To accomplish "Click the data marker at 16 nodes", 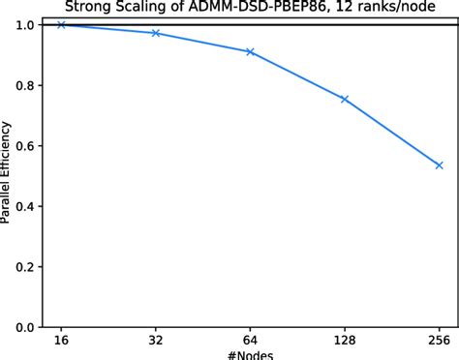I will pos(61,24).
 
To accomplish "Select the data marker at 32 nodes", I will pos(156,33).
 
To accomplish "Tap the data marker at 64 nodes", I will pos(250,51).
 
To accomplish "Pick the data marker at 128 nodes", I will pos(345,99).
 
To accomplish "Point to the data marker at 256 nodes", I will pos(439,165).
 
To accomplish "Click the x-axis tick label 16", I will pos(61,341).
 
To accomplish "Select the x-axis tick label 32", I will pos(156,341).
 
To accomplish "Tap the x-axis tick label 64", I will pos(250,341).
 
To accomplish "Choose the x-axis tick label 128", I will pos(345,341).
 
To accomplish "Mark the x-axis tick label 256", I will pos(439,341).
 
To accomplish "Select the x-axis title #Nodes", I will pos(250,355).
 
